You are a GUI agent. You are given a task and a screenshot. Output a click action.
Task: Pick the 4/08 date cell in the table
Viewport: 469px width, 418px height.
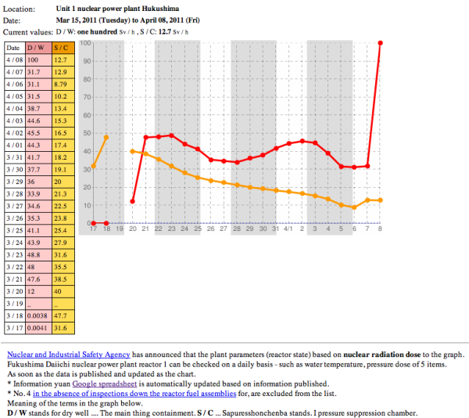14,59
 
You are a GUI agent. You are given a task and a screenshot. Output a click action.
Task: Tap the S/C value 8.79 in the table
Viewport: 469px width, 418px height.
62,84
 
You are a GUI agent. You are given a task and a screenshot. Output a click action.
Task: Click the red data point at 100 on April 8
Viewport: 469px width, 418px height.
380,43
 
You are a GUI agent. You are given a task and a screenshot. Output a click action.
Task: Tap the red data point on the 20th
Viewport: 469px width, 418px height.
132,201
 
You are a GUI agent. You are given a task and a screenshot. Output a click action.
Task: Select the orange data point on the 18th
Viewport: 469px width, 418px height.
106,138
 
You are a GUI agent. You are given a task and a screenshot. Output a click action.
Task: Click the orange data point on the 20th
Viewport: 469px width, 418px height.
132,151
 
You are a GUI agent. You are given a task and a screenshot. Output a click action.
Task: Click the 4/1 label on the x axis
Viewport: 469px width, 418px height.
288,229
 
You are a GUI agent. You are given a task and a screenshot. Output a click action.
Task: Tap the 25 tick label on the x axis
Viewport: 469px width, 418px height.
198,229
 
